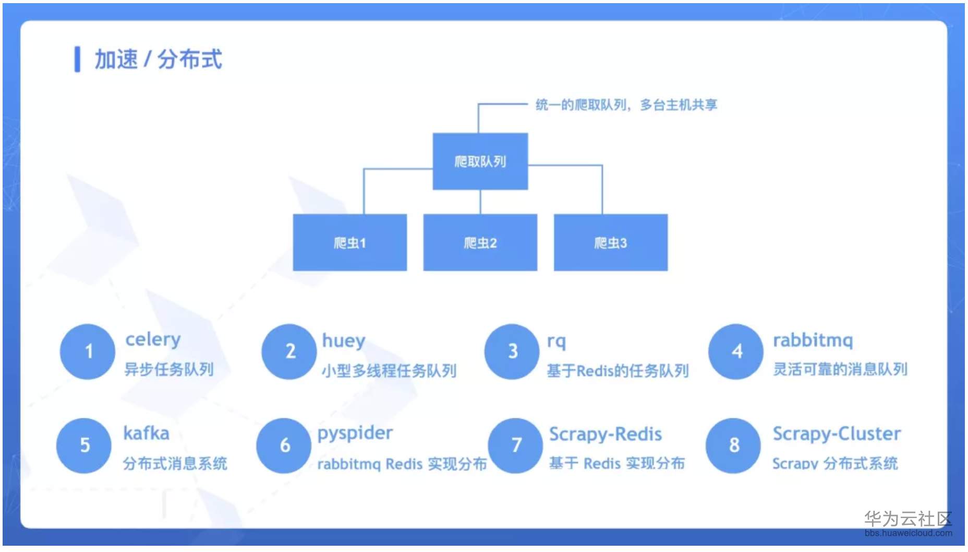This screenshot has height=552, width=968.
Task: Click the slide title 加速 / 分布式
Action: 158,59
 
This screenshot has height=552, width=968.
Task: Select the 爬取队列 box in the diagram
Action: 480,161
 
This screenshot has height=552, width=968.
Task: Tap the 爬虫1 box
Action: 349,243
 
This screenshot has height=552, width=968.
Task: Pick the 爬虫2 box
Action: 480,243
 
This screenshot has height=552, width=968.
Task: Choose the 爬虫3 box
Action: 610,243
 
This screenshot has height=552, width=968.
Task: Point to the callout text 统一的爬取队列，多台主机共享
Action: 626,105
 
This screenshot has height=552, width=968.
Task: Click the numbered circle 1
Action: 88,351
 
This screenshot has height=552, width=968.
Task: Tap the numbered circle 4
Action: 736,351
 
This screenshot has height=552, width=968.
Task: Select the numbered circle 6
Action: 284,445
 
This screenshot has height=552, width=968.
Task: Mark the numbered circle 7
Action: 516,445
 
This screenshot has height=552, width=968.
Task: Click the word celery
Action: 153,340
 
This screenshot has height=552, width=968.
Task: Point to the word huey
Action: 344,341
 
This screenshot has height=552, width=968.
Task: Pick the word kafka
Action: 146,433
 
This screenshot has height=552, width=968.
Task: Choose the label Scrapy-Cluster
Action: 837,434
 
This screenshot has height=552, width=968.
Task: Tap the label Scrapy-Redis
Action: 605,434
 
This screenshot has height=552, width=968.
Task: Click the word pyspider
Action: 355,433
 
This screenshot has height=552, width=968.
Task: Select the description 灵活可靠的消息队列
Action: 840,369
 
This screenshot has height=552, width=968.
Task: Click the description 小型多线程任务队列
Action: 389,371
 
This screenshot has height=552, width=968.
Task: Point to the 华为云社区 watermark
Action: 908,519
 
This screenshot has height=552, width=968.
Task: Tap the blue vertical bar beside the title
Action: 77,59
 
